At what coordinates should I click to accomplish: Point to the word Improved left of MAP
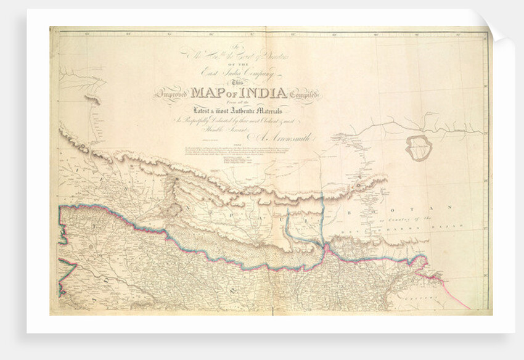pos(176,96)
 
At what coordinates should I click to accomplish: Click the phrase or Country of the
pos(406,219)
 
